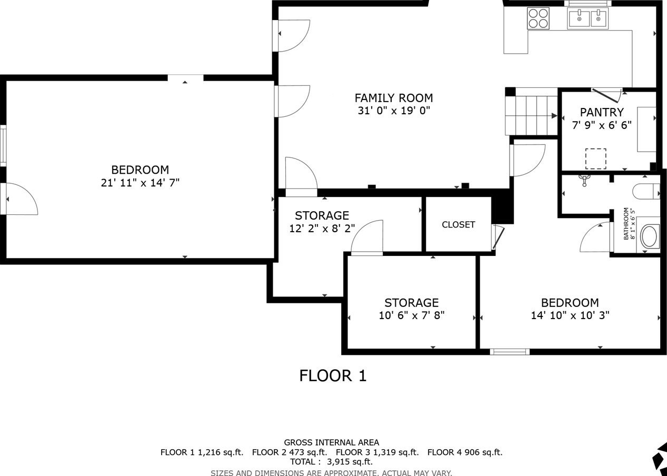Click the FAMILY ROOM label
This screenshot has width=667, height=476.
click(x=394, y=98)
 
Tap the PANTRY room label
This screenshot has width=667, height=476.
click(x=602, y=113)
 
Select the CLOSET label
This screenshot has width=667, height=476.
click(x=458, y=225)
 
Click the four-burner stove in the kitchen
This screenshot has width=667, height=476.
click(x=538, y=18)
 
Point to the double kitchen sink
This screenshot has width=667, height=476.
click(x=588, y=18)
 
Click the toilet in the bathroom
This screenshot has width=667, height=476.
click(x=646, y=191)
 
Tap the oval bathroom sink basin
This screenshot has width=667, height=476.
click(x=650, y=237)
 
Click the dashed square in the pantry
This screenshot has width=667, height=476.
click(x=595, y=159)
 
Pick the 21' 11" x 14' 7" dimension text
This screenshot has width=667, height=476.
click(x=140, y=183)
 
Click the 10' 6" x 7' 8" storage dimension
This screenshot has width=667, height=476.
click(x=412, y=315)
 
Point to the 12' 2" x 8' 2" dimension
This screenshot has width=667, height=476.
click(x=322, y=229)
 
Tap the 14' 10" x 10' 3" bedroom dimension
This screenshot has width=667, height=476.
click(x=570, y=315)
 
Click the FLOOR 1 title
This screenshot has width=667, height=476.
click(x=333, y=375)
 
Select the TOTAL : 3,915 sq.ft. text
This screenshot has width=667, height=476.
click(x=332, y=462)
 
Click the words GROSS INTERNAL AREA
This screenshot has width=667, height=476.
click(x=332, y=443)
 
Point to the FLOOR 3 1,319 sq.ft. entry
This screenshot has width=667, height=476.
click(x=377, y=452)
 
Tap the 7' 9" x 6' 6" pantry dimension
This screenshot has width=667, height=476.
click(x=602, y=125)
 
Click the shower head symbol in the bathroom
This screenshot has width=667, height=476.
click(x=584, y=181)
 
